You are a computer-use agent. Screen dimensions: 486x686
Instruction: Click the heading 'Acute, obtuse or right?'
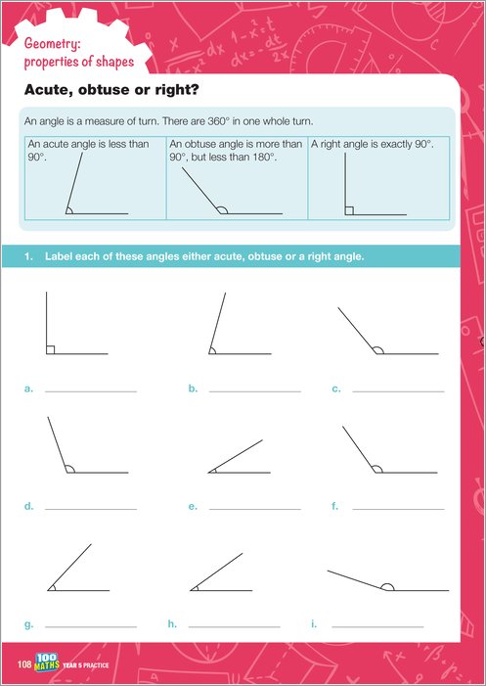click(x=111, y=90)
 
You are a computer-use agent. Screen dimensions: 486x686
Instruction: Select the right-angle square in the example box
click(x=349, y=210)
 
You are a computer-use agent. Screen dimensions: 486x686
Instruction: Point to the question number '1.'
click(x=28, y=256)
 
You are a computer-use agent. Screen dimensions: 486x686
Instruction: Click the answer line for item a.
click(x=91, y=391)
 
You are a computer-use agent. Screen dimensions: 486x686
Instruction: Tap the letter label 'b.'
click(x=194, y=389)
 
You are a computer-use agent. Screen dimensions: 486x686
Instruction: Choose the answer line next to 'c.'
click(x=398, y=391)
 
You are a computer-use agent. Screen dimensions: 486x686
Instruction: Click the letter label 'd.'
click(x=28, y=506)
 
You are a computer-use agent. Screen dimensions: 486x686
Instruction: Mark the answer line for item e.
click(x=255, y=509)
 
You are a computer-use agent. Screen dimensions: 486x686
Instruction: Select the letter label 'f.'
click(x=335, y=506)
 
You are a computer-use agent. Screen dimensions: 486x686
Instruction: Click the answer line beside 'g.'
click(x=91, y=627)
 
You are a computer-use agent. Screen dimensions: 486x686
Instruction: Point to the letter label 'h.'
click(x=172, y=624)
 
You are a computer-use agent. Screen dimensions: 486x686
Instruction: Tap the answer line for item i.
click(x=377, y=627)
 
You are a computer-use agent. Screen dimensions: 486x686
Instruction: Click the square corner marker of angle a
click(x=50, y=349)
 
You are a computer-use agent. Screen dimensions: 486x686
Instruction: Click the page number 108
click(x=24, y=665)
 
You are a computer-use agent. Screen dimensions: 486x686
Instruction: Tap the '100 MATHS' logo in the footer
click(x=47, y=663)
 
